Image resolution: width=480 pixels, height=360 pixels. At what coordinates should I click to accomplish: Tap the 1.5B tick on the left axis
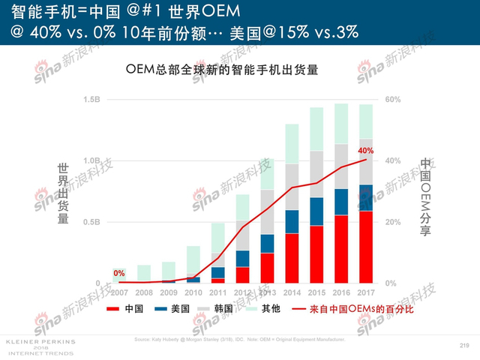(x=91, y=100)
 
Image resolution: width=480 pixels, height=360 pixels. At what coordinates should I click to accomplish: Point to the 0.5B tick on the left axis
(x=91, y=222)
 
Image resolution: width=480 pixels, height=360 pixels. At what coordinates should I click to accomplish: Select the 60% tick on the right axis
(x=394, y=100)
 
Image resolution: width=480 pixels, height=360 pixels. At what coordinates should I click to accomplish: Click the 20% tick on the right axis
(x=394, y=222)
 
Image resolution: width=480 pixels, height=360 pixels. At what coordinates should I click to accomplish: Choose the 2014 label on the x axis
(x=293, y=292)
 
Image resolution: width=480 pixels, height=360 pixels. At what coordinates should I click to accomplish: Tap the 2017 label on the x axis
(x=366, y=292)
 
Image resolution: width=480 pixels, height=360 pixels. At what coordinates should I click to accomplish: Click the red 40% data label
(x=365, y=151)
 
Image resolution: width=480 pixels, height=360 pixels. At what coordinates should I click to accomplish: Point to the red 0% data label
(x=119, y=273)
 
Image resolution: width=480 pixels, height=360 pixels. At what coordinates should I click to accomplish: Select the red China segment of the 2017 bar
(x=366, y=247)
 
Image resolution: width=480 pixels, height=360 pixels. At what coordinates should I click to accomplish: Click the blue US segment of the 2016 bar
(x=341, y=202)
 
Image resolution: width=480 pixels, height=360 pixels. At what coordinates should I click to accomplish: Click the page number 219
(x=463, y=344)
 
